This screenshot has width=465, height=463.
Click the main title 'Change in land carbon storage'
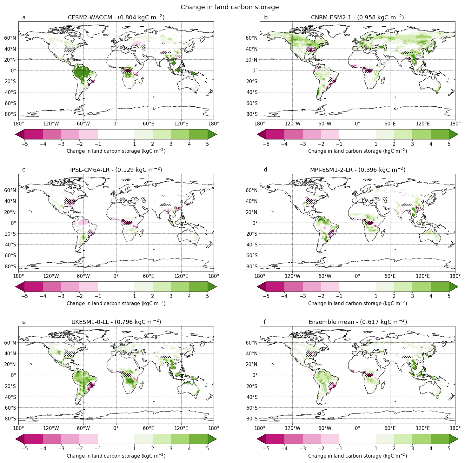click(x=229, y=7)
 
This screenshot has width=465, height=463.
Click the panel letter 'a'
click(x=24, y=17)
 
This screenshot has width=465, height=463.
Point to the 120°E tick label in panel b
click(x=422, y=124)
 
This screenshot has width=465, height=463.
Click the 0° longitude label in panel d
click(x=357, y=276)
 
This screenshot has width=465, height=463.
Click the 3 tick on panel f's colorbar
click(x=412, y=449)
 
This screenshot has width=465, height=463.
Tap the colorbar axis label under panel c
click(x=116, y=303)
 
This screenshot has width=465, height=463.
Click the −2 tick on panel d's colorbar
click(x=321, y=297)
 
